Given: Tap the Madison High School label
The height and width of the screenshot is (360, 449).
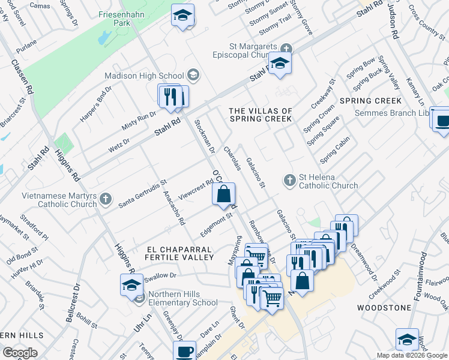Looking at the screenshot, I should coord(144,76).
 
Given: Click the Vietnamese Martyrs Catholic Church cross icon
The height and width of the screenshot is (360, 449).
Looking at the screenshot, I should coord(106,198).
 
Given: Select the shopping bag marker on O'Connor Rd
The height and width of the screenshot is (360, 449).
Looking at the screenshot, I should coord(223,194).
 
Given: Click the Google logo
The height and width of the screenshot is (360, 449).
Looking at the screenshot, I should coord(20,352).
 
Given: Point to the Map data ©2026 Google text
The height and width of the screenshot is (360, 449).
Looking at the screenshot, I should coord(412,355).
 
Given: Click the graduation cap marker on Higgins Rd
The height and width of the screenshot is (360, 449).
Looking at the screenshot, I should coord(131,285).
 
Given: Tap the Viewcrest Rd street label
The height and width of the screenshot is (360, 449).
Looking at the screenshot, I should coord(196,191).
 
